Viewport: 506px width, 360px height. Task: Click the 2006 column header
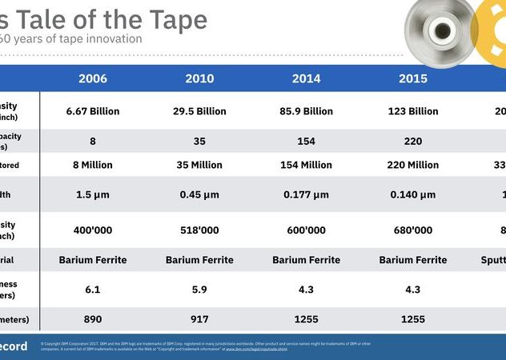pyautogui.click(x=93, y=79)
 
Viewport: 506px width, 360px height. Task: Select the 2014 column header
pyautogui.click(x=306, y=79)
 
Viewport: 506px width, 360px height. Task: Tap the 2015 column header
pyautogui.click(x=412, y=79)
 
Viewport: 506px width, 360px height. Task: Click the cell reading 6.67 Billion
pyautogui.click(x=93, y=111)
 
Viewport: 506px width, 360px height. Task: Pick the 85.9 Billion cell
pyautogui.click(x=306, y=111)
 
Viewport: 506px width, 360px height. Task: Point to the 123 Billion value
pyautogui.click(x=412, y=111)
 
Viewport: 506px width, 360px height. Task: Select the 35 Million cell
pyautogui.click(x=199, y=165)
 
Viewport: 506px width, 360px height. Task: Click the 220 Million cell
pyautogui.click(x=412, y=165)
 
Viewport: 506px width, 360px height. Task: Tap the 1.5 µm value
pyautogui.click(x=93, y=194)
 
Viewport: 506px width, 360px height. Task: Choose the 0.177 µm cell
pyautogui.click(x=306, y=194)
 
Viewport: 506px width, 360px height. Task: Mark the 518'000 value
pyautogui.click(x=199, y=230)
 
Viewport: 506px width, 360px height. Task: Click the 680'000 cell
pyautogui.click(x=412, y=230)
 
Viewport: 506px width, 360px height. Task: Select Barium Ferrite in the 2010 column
pyautogui.click(x=199, y=260)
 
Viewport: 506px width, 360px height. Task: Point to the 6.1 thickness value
pyautogui.click(x=93, y=289)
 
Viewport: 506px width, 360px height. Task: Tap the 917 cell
pyautogui.click(x=199, y=319)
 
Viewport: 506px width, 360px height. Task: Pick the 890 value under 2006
pyautogui.click(x=93, y=319)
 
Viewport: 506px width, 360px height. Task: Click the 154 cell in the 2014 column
pyautogui.click(x=306, y=141)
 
